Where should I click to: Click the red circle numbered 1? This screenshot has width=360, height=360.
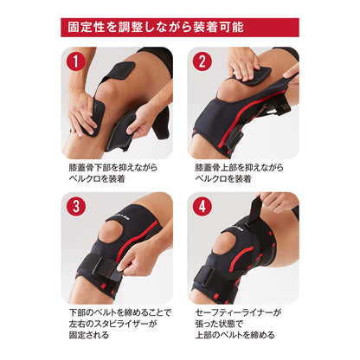[x=76, y=61]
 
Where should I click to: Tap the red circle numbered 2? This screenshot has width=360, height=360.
[x=202, y=61]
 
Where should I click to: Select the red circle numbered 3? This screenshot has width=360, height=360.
[x=76, y=207]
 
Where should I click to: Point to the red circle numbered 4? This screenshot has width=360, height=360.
[x=202, y=207]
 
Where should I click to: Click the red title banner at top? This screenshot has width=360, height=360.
[x=180, y=28]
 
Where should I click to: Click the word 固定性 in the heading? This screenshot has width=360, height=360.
[x=87, y=28]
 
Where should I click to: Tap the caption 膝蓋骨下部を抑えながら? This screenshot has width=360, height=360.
[x=113, y=168]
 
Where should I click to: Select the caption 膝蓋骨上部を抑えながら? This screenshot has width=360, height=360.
[x=240, y=168]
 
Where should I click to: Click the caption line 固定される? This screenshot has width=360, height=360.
[x=89, y=335]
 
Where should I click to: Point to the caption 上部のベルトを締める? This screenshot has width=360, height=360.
[x=235, y=335]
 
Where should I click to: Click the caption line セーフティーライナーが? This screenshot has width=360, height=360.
[x=238, y=312]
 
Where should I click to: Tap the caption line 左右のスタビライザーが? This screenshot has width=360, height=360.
[x=112, y=324]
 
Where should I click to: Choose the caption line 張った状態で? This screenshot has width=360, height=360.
[x=219, y=324]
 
